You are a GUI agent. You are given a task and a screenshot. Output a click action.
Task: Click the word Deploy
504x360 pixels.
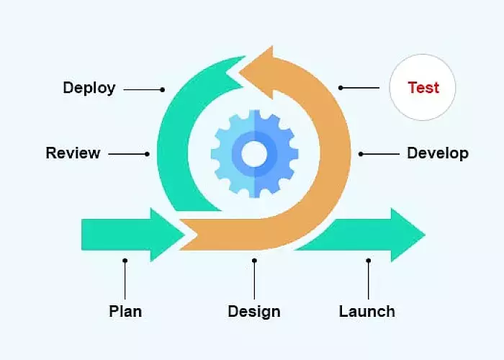click(x=89, y=88)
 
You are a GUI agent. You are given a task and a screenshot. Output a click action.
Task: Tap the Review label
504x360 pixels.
click(x=73, y=153)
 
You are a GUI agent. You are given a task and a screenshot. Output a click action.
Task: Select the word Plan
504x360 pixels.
click(x=125, y=311)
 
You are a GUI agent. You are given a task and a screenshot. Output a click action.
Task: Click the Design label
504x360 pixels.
click(x=253, y=311)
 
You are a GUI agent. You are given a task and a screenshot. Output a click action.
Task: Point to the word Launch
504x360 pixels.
click(x=366, y=311)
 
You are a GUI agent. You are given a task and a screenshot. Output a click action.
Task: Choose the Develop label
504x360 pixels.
click(x=437, y=153)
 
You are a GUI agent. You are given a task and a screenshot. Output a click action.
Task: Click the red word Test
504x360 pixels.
click(x=423, y=88)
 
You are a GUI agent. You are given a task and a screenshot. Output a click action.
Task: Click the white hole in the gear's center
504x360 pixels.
click(x=253, y=153)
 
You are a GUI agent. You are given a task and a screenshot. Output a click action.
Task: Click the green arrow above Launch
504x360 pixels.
click(x=374, y=234)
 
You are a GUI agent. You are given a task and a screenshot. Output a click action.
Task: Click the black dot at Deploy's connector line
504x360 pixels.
click(x=163, y=89)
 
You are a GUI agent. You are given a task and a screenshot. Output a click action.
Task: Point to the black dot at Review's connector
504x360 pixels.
click(x=147, y=153)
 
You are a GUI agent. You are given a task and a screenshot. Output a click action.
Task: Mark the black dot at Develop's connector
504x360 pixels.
click(x=360, y=153)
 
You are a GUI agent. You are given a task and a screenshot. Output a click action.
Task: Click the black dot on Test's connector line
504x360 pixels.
click(x=341, y=88)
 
